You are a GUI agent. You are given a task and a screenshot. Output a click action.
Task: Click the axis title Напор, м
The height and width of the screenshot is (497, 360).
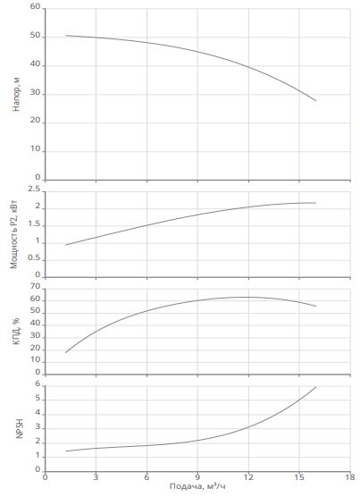pos(16,94)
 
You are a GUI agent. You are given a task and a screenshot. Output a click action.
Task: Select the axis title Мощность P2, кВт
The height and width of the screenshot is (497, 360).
pos(14,234)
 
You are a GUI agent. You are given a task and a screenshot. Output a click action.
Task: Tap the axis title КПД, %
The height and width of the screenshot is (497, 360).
pos(16,331)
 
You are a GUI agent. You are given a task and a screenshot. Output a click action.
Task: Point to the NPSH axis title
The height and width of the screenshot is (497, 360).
pos(20,429)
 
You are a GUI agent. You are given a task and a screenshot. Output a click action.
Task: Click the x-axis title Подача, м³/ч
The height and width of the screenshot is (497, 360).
pos(197,486)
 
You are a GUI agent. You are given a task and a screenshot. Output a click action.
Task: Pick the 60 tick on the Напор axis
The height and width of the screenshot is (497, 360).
pos(36,7)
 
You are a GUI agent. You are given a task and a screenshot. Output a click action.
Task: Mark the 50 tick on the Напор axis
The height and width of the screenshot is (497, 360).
pos(36,36)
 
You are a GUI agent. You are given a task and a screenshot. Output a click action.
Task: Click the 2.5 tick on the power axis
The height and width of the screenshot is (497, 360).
pos(34,190)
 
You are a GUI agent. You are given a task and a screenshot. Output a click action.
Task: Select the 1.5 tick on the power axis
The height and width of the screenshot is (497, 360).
pos(34,224)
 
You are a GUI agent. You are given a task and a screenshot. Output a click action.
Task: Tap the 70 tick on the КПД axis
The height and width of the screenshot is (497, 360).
pos(36,287)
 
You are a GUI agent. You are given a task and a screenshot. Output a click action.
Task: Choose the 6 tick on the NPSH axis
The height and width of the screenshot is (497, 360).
pos(38,384)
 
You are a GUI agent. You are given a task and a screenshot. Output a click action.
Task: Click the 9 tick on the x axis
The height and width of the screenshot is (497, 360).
pos(197,477)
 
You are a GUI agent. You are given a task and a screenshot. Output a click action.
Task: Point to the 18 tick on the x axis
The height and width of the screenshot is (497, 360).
pos(350,477)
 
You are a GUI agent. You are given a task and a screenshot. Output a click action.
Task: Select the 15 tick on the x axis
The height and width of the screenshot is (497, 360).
pos(299,477)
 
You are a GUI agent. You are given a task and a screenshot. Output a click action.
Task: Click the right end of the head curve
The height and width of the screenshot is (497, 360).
pos(316,101)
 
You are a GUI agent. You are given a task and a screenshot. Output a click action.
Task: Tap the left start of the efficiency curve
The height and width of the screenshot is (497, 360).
pos(65,353)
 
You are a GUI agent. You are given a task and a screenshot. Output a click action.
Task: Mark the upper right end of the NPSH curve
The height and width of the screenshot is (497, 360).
pos(316,387)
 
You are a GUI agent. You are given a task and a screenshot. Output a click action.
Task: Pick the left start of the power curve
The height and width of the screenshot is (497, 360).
pos(65,245)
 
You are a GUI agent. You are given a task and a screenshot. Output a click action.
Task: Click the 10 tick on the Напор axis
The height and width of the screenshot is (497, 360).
pos(36,149)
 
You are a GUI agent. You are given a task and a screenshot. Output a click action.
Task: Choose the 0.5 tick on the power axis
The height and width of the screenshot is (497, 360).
pos(34,258)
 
